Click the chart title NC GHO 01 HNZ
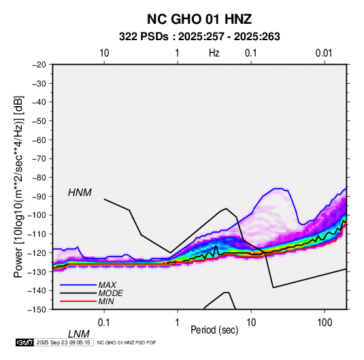tap(199, 19)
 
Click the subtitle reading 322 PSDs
tap(144, 37)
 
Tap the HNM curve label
tap(80, 193)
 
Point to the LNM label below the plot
tap(79, 334)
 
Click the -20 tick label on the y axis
tap(39, 65)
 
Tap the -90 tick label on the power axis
tap(39, 196)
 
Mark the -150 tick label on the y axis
tap(37, 309)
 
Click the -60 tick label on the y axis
tap(39, 140)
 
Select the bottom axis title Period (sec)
tap(214, 330)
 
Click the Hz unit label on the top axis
tap(214, 53)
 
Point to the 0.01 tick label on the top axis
tap(324, 53)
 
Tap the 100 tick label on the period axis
tap(325, 323)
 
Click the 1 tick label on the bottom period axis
tap(177, 323)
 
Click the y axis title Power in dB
tap(18, 186)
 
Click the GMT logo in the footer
tap(25, 342)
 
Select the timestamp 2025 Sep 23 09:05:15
tap(63, 342)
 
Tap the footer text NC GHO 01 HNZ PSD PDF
tap(127, 342)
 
